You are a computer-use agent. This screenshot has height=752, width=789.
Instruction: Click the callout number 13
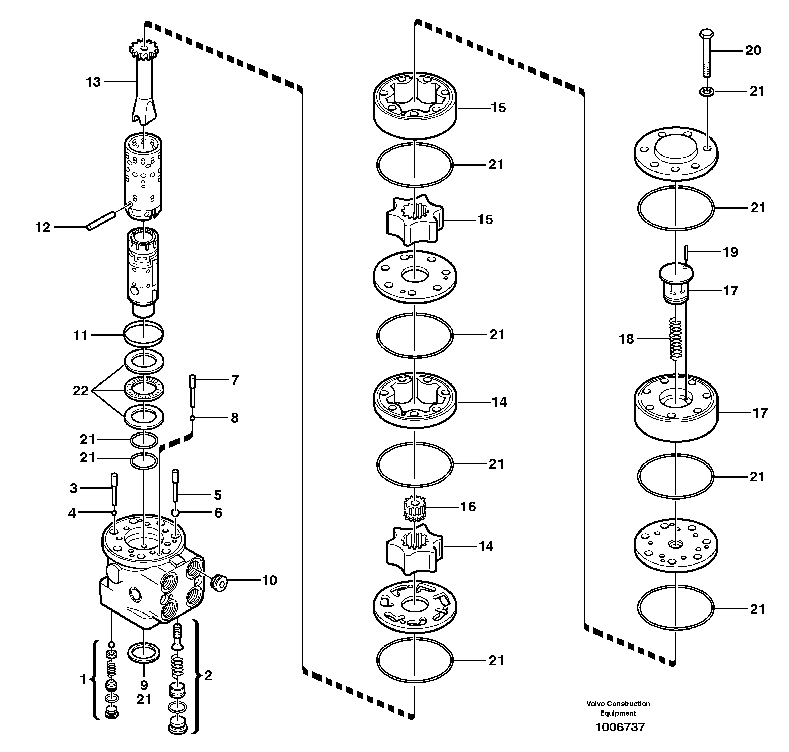93,82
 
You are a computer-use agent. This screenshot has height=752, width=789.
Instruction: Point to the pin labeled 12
101,221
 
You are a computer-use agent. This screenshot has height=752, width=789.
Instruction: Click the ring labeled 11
144,333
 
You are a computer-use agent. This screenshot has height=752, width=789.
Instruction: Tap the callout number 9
144,685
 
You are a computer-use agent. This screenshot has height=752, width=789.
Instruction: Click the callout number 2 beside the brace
208,675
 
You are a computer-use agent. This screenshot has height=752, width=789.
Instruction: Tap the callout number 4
72,513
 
